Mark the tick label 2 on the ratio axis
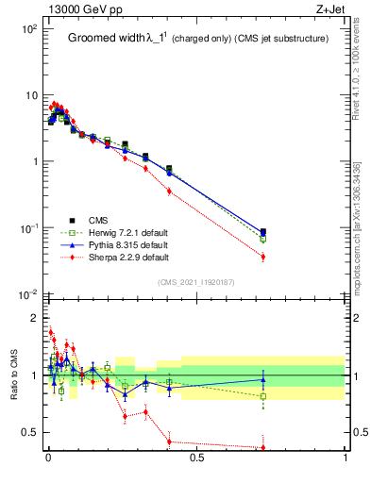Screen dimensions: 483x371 point(33,317)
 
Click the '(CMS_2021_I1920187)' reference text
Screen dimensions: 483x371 point(196,282)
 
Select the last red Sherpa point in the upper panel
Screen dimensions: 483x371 point(262,257)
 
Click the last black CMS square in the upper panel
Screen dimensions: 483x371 point(262,231)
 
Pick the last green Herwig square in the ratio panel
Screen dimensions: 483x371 point(262,396)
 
